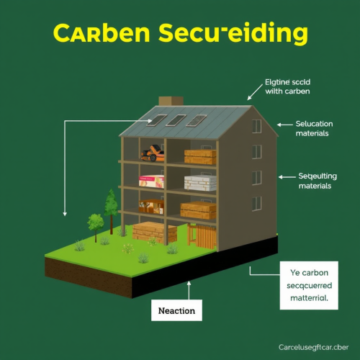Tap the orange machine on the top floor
(x=152, y=153)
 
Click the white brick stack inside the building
(x=199, y=183)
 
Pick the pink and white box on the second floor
(x=152, y=181)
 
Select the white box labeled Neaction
(x=177, y=310)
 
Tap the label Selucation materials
(x=312, y=128)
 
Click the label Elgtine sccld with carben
(x=291, y=86)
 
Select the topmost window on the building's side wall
(x=257, y=126)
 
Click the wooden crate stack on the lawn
(x=155, y=232)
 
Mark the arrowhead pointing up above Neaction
(x=189, y=284)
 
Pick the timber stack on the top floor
(x=200, y=156)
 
